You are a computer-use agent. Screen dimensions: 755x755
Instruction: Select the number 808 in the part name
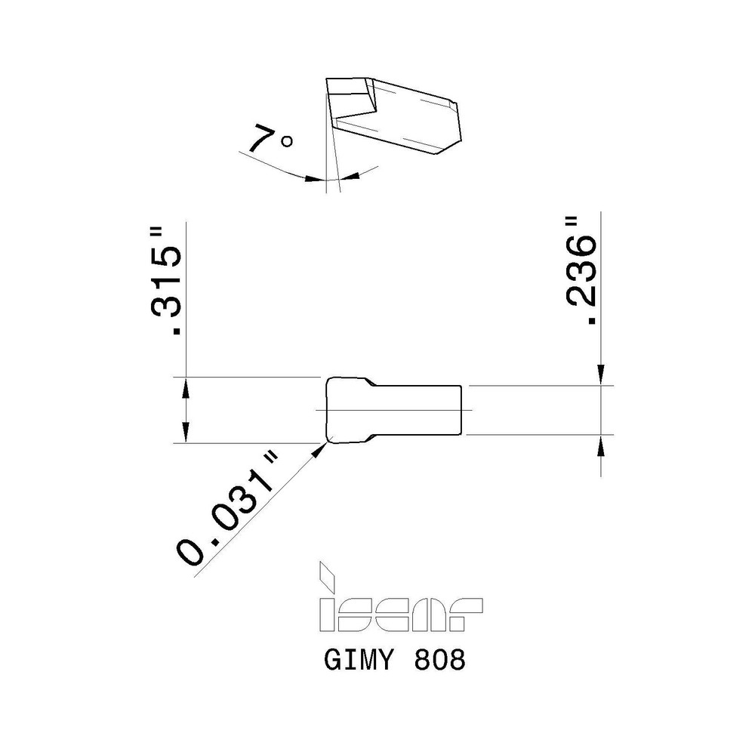click(439, 661)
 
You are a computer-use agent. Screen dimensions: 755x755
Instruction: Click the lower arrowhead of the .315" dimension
click(185, 434)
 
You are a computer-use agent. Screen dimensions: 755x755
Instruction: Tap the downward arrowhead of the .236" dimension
click(601, 375)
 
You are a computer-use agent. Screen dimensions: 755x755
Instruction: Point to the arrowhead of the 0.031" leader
click(320, 447)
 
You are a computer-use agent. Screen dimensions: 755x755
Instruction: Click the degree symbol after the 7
click(286, 141)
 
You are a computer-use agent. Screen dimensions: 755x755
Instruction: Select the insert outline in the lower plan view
click(393, 409)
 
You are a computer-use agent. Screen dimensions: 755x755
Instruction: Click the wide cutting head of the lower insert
click(347, 409)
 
